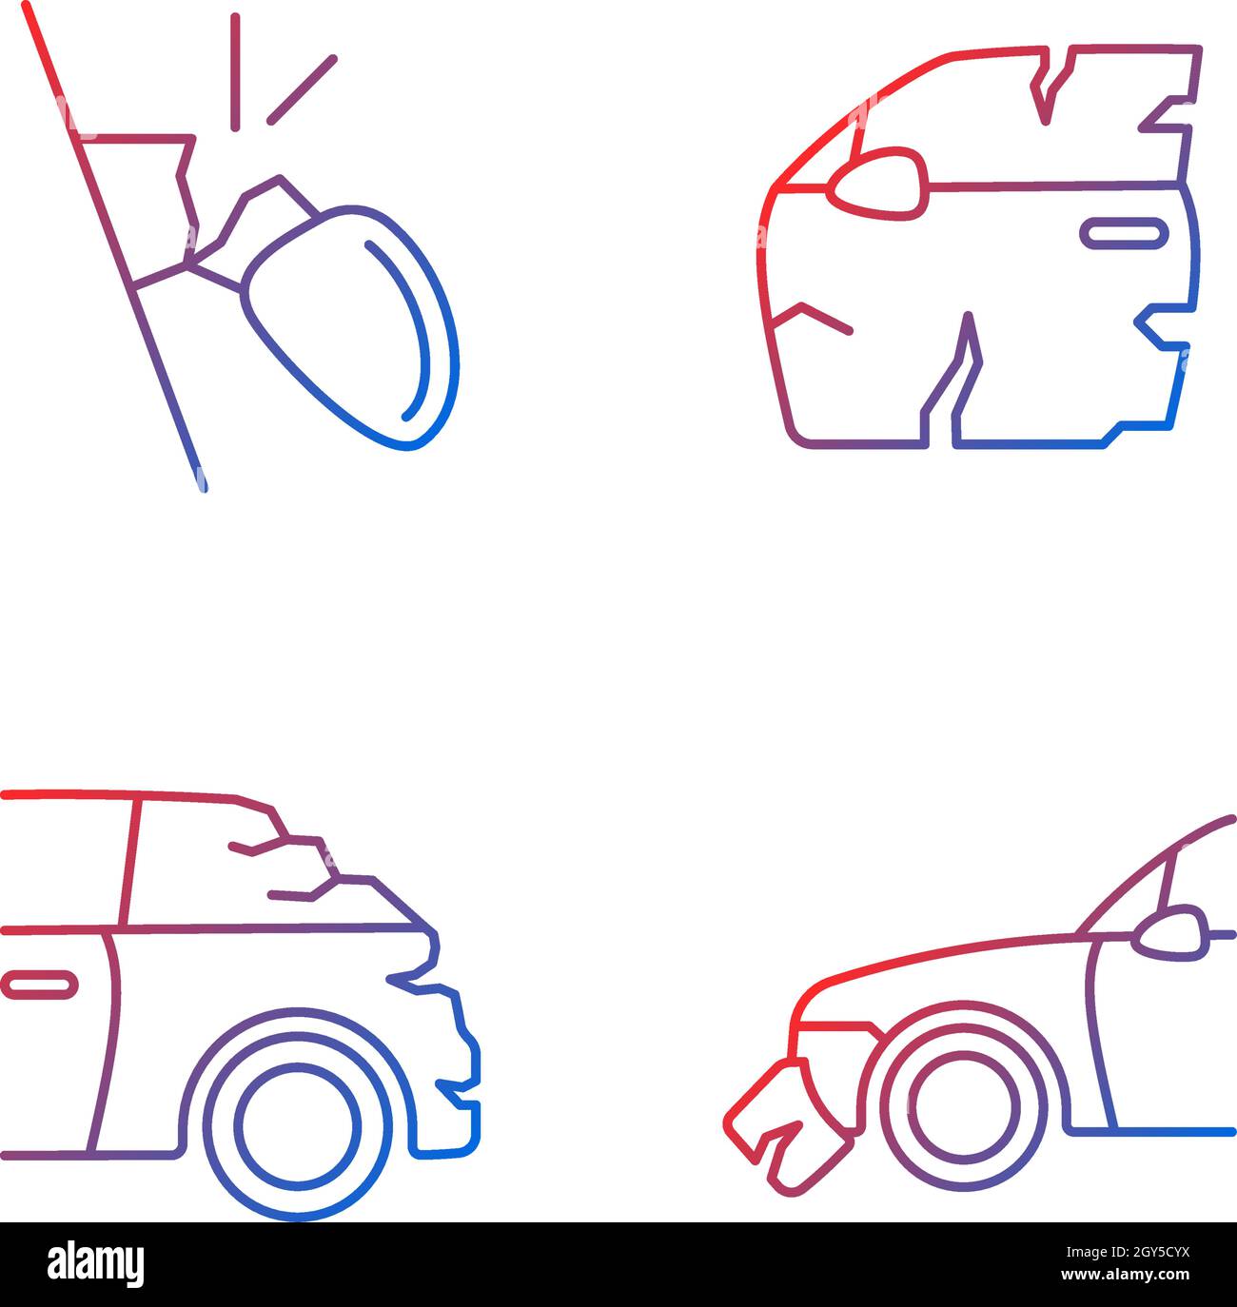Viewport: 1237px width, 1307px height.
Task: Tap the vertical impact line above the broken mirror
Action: point(235,71)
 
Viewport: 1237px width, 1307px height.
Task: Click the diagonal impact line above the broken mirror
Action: point(302,89)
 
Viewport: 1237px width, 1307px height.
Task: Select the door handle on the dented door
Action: point(1124,232)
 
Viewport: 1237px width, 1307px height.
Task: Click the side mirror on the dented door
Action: point(878,183)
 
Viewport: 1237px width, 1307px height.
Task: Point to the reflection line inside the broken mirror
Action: point(414,328)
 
